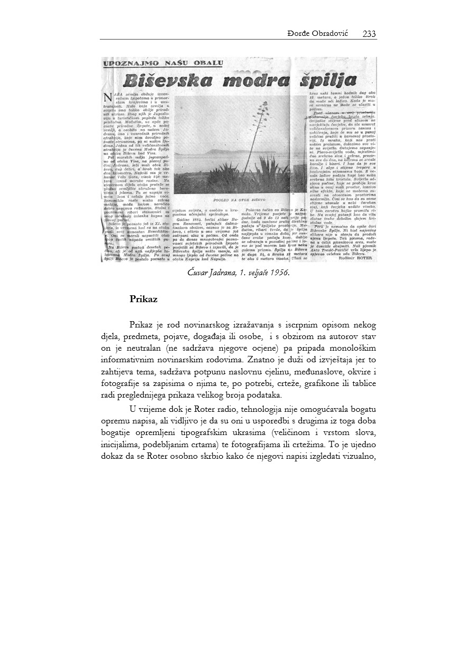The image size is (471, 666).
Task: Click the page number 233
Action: [x=369, y=34]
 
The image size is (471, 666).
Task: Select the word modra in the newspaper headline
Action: [x=256, y=81]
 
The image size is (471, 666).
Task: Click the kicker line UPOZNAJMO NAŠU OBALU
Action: [x=163, y=64]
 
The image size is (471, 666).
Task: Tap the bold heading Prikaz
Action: [x=144, y=298]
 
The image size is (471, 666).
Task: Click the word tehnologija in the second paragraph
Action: [x=238, y=409]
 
